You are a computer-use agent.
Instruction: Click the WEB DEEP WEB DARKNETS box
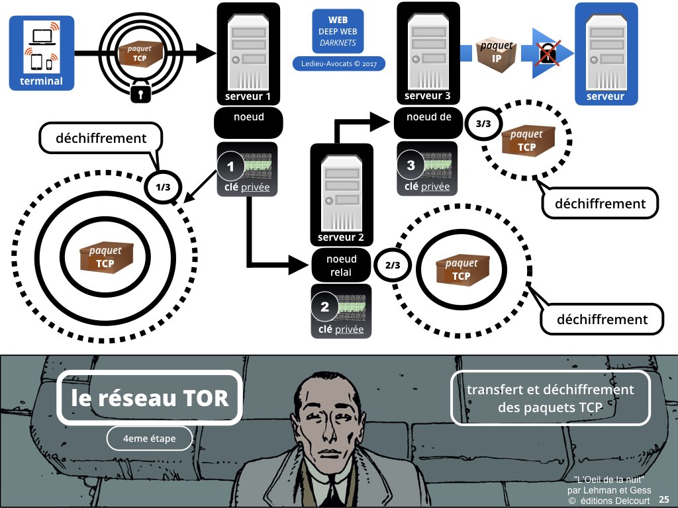click(x=338, y=31)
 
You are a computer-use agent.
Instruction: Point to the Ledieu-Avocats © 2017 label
click(x=338, y=64)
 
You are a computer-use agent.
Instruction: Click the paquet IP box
click(x=496, y=55)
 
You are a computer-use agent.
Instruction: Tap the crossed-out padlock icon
click(x=546, y=54)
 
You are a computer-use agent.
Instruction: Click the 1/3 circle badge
click(x=163, y=187)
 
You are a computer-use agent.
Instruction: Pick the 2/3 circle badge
click(x=392, y=265)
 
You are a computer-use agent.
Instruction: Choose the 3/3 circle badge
click(x=483, y=123)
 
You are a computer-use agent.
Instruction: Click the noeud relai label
click(x=341, y=266)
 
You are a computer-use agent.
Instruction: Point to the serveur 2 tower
click(x=341, y=192)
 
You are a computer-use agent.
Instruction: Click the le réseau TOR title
click(x=150, y=398)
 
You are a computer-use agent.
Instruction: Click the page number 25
click(x=663, y=498)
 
